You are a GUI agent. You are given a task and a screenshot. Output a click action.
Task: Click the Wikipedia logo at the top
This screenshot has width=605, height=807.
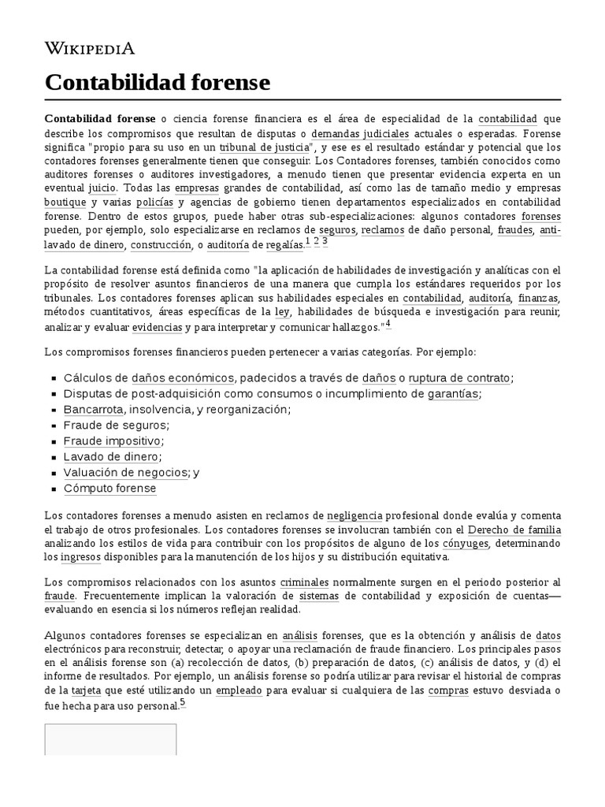click(x=89, y=49)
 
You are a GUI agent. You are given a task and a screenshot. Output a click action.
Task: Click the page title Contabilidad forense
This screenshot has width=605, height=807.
click(x=157, y=82)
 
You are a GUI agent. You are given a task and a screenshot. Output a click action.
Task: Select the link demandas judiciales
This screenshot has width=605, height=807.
click(x=370, y=133)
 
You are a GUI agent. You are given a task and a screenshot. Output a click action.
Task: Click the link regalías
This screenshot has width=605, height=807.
click(x=284, y=245)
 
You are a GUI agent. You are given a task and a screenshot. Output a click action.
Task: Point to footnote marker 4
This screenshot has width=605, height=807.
click(x=388, y=325)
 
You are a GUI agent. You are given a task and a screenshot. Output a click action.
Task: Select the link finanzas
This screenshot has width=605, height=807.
click(x=538, y=299)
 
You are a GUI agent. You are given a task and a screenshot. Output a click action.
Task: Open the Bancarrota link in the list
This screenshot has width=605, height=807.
click(x=93, y=409)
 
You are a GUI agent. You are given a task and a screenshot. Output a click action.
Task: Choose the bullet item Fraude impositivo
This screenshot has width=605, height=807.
click(x=112, y=441)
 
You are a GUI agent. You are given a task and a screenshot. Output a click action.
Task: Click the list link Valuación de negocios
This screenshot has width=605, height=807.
click(x=126, y=472)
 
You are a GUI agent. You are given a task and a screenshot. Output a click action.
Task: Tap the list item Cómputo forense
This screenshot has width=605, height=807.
click(x=109, y=488)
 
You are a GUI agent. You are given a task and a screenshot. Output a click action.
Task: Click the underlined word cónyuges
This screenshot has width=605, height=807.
click(x=465, y=543)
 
